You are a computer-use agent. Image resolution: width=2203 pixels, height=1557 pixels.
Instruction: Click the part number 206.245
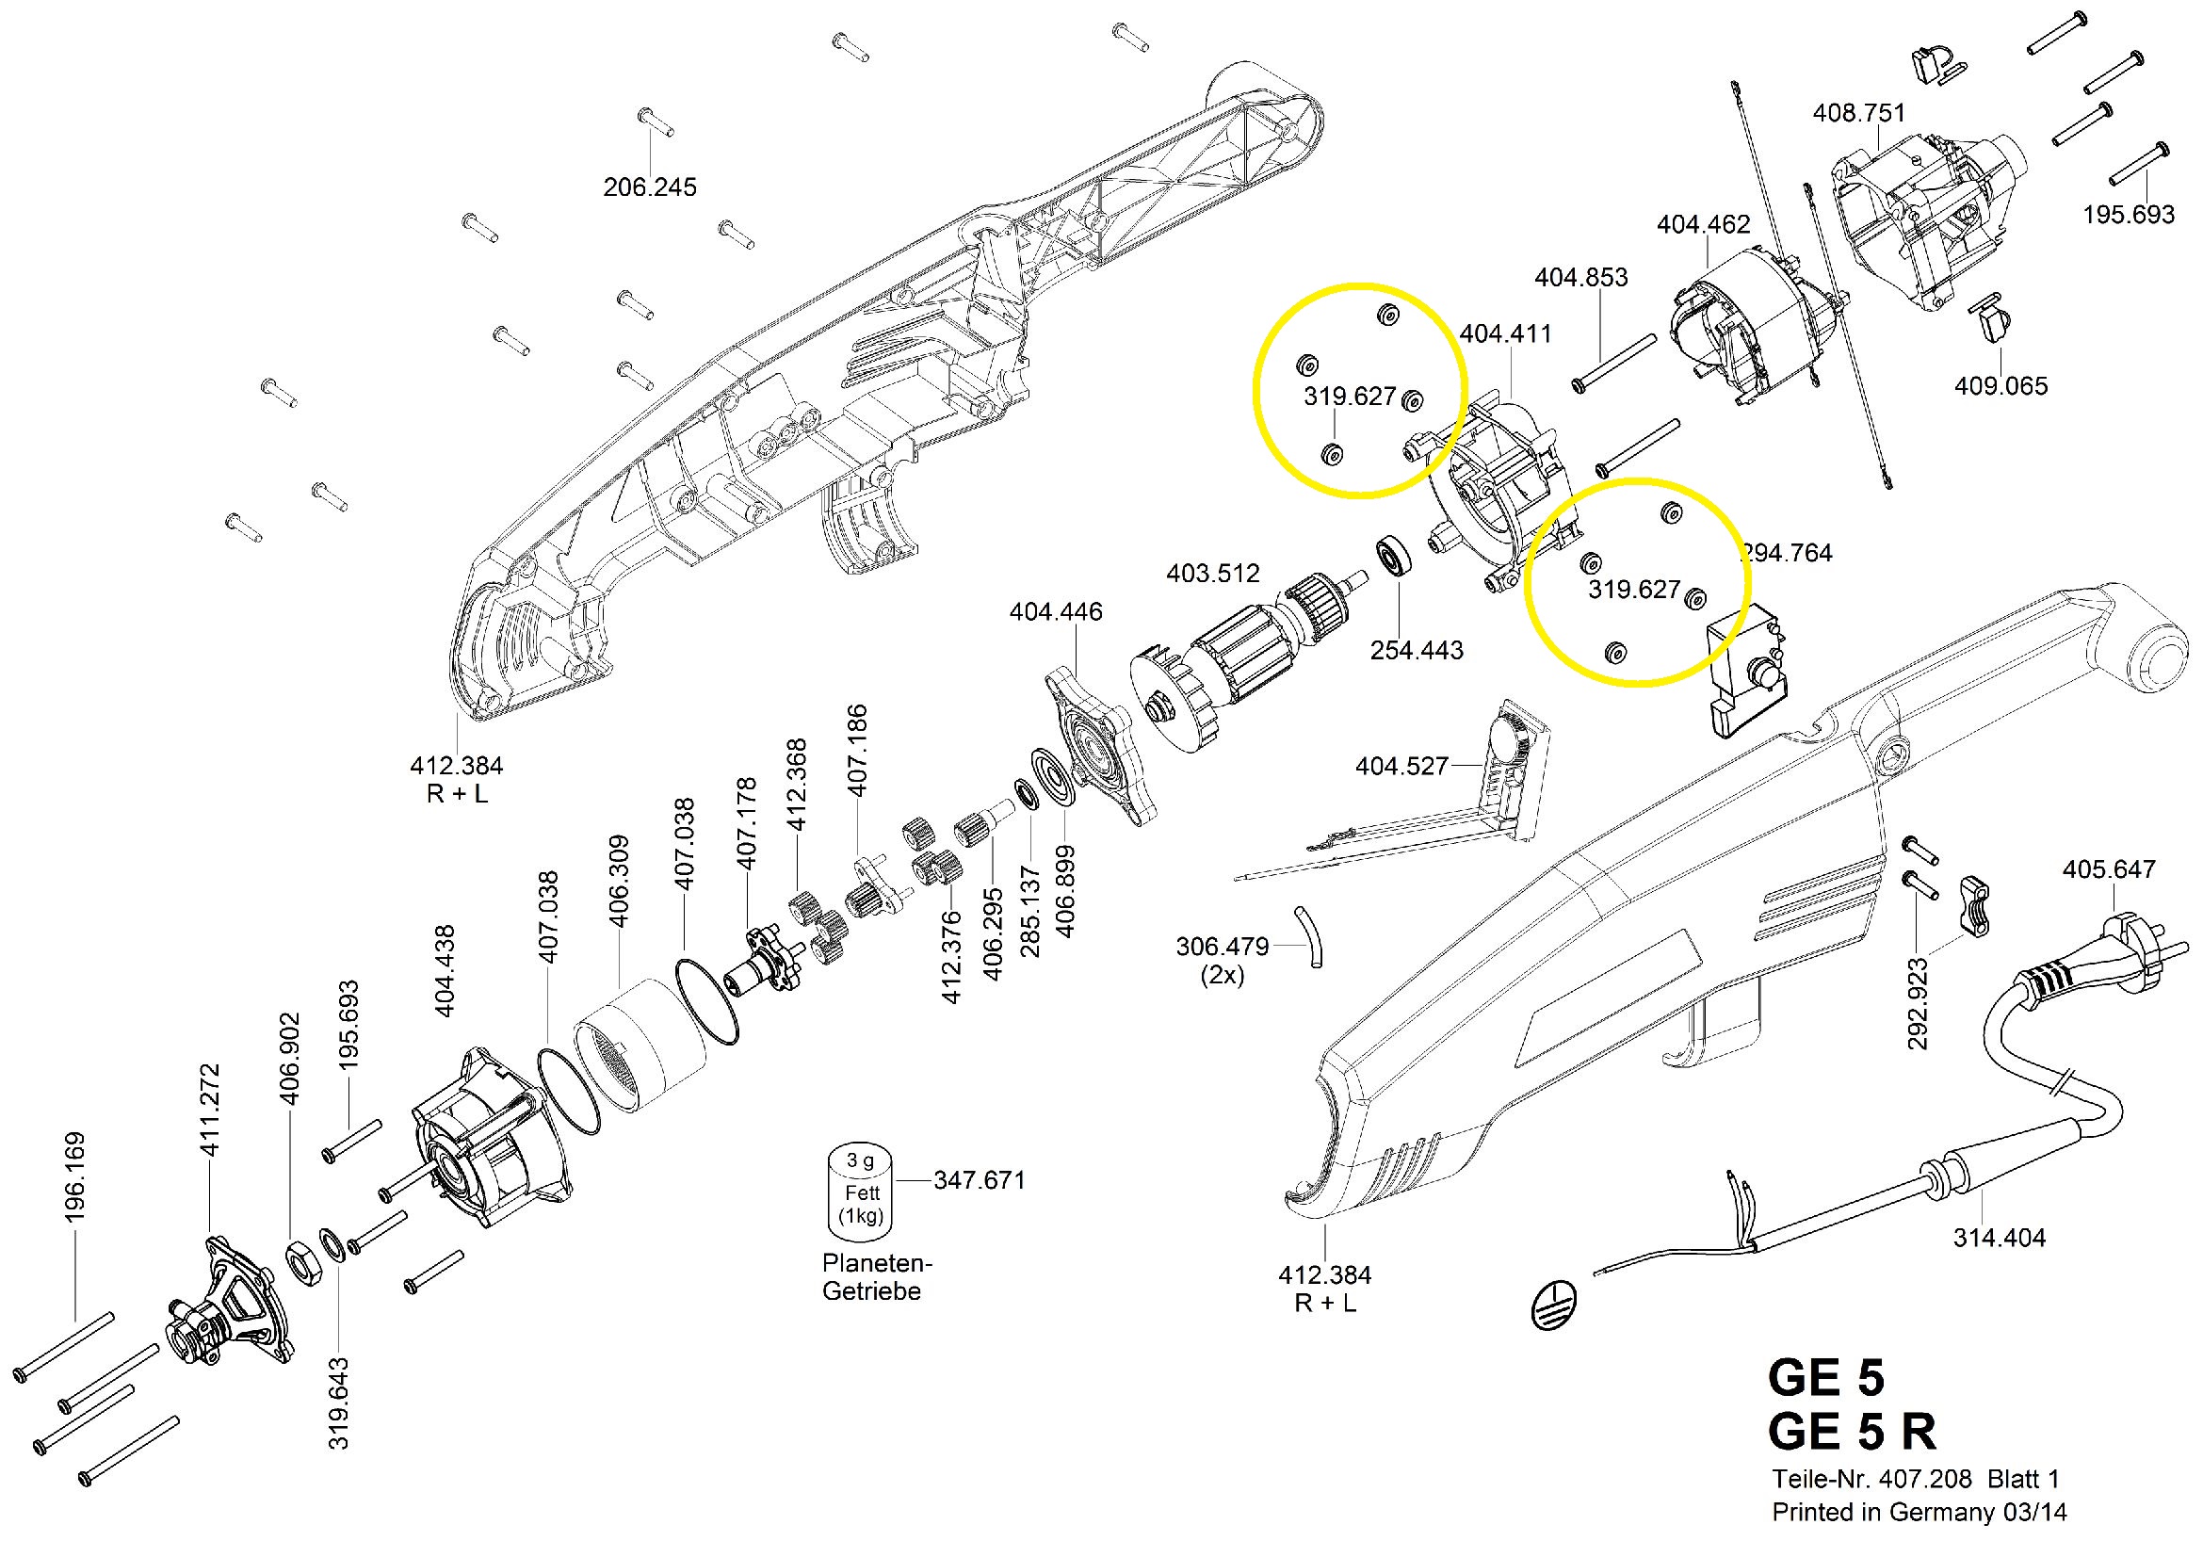pyautogui.click(x=650, y=187)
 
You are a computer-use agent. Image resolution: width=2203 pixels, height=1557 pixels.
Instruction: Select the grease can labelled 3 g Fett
pyautogui.click(x=861, y=1191)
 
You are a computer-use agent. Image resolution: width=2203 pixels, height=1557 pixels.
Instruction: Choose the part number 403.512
pyautogui.click(x=1213, y=574)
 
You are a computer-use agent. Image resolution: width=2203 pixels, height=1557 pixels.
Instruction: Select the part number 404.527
pyautogui.click(x=1401, y=766)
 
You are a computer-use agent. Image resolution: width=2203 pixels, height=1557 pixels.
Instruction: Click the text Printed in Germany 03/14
pyautogui.click(x=1919, y=1513)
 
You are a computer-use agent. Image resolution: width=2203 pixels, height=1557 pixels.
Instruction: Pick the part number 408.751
pyautogui.click(x=1858, y=112)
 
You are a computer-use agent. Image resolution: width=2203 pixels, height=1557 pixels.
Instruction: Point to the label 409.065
pyautogui.click(x=2001, y=385)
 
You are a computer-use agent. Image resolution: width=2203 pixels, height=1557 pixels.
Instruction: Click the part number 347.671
pyautogui.click(x=980, y=1180)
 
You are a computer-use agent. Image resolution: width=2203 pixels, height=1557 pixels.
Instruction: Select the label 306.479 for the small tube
pyautogui.click(x=1222, y=947)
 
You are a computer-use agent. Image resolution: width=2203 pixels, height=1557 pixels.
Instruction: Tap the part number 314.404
pyautogui.click(x=2000, y=1238)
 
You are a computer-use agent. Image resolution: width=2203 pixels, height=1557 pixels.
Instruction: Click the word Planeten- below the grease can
pyautogui.click(x=877, y=1263)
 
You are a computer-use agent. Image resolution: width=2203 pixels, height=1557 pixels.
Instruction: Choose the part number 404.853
pyautogui.click(x=1581, y=277)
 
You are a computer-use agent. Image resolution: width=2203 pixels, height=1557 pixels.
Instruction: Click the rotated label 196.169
pyautogui.click(x=74, y=1177)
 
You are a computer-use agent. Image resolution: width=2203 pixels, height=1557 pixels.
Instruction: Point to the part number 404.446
pyautogui.click(x=1056, y=612)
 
